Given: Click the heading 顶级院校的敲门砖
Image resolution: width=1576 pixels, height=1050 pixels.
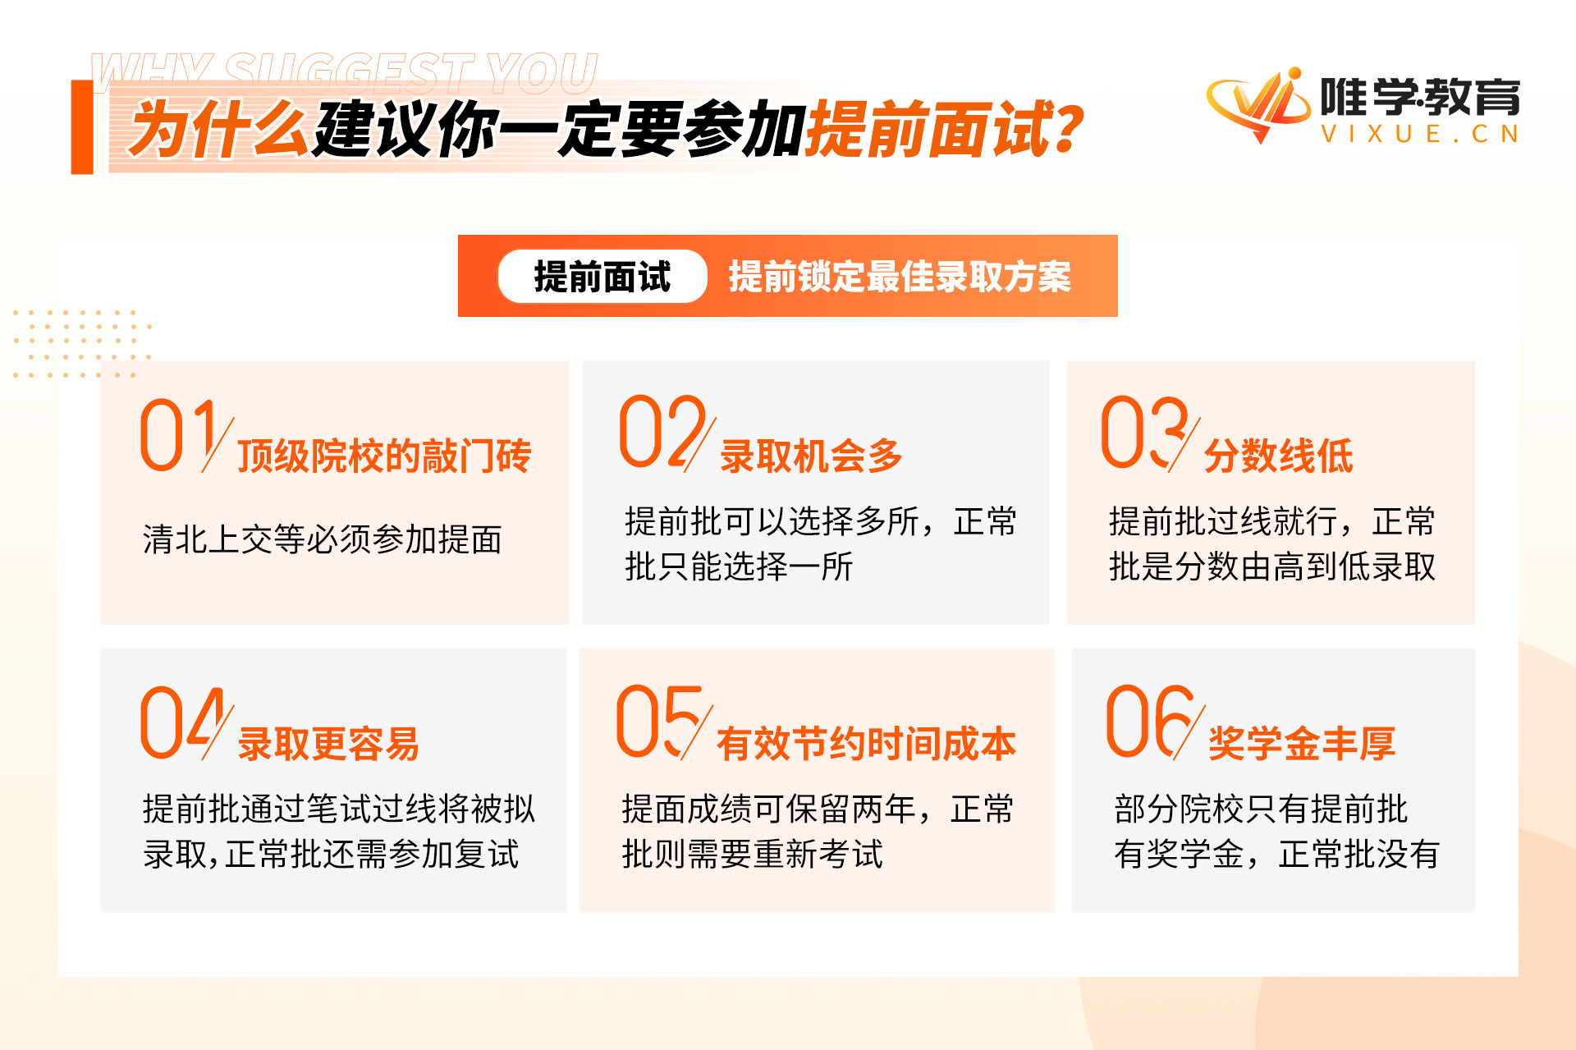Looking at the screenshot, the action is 384,456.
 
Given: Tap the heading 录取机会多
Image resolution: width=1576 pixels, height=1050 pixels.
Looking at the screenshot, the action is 811,456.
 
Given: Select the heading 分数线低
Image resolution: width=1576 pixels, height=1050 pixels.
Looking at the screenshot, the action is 1278,456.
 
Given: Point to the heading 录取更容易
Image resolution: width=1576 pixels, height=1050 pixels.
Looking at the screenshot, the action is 328,744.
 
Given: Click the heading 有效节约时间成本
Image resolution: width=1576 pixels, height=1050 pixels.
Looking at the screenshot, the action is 866,744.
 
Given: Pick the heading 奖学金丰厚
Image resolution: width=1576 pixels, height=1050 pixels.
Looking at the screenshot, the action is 1301,744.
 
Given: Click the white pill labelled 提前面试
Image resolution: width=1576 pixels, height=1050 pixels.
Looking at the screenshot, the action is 602,277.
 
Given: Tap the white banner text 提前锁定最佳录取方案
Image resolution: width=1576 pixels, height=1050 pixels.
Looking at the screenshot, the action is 900,277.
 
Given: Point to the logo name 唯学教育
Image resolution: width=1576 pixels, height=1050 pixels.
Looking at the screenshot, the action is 1420,97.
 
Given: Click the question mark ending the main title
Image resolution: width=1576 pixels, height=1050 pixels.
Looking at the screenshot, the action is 1067,129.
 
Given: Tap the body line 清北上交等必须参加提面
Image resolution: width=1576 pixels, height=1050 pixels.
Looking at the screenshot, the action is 322,539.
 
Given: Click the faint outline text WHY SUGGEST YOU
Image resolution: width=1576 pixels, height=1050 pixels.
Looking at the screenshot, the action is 345,72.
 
